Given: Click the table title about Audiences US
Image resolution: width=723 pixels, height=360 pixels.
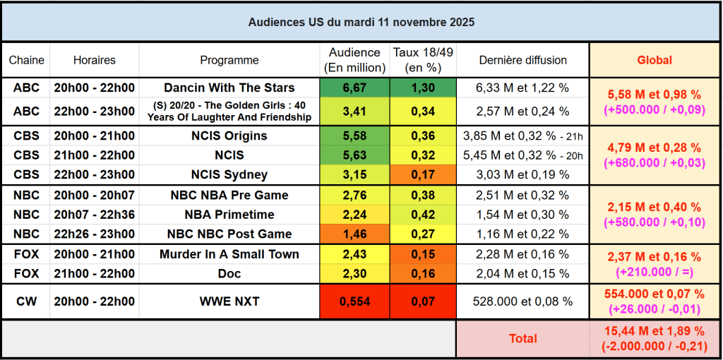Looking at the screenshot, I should coord(361,23).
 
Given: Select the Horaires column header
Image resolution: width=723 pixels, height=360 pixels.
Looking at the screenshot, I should coord(95,60).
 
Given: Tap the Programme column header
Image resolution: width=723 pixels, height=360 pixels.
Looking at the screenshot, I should coord(229,60).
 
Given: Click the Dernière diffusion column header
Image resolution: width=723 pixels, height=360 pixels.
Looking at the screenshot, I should coord(522,60).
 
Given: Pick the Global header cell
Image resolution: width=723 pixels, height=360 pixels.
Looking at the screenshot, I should coord(655,60).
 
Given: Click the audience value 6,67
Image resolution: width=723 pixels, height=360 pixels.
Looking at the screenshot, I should coord(354,88).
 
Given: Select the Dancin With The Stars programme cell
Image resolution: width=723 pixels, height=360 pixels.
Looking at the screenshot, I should coord(229,88).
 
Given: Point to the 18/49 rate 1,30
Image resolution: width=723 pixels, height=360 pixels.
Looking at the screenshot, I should coord(423,88).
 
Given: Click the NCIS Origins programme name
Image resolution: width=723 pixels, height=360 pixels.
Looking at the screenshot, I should coord(229,136).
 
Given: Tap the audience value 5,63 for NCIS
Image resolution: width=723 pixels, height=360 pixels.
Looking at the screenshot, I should coord(354,155).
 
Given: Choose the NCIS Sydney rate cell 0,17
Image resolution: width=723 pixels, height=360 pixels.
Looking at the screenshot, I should coord(423,174).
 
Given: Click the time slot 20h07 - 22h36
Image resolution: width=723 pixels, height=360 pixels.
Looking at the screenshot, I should coord(95,215).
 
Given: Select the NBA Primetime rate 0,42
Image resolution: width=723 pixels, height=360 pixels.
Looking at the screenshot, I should coord(423,215).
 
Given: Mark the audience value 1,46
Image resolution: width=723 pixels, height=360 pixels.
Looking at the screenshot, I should coord(354,234).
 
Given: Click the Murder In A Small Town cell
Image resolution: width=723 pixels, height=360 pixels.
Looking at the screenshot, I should coord(229,254).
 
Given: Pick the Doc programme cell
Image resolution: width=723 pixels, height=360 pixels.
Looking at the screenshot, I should coord(229,273).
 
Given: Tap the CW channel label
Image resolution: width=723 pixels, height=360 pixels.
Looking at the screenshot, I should coord(26,301).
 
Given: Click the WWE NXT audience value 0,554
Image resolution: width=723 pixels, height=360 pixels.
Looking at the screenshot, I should coord(354,301).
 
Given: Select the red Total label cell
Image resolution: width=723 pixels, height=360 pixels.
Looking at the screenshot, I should coord(522,339).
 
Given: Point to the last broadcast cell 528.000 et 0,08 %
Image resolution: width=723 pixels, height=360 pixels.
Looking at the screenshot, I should coord(522,301).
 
